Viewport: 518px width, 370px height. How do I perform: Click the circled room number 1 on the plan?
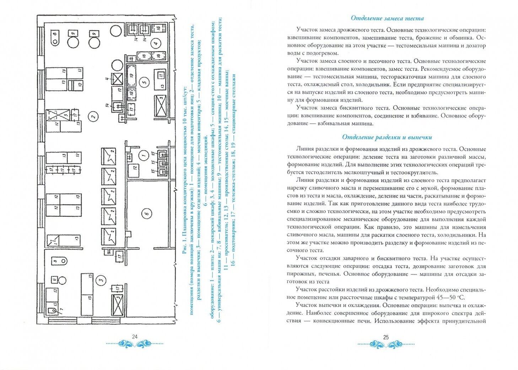pos(144,155)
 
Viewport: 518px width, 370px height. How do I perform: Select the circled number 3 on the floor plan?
pos(102,280)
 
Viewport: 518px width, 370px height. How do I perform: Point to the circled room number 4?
pos(155,44)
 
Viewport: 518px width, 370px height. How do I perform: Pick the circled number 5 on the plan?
pos(144,81)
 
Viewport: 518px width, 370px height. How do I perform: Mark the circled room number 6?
pos(146,213)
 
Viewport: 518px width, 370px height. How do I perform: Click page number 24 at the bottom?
pos(135,337)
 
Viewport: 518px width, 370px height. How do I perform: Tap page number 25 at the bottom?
pos(386,337)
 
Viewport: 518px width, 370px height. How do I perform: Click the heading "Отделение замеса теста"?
pos(387,18)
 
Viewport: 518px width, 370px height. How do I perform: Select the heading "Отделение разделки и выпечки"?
pos(387,137)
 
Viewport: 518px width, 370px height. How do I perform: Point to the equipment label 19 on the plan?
pos(131,75)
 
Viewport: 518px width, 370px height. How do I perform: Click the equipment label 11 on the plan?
pos(161,75)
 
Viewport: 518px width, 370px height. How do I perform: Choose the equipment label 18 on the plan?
pos(144,56)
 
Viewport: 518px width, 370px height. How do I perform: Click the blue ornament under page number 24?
pos(135,344)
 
